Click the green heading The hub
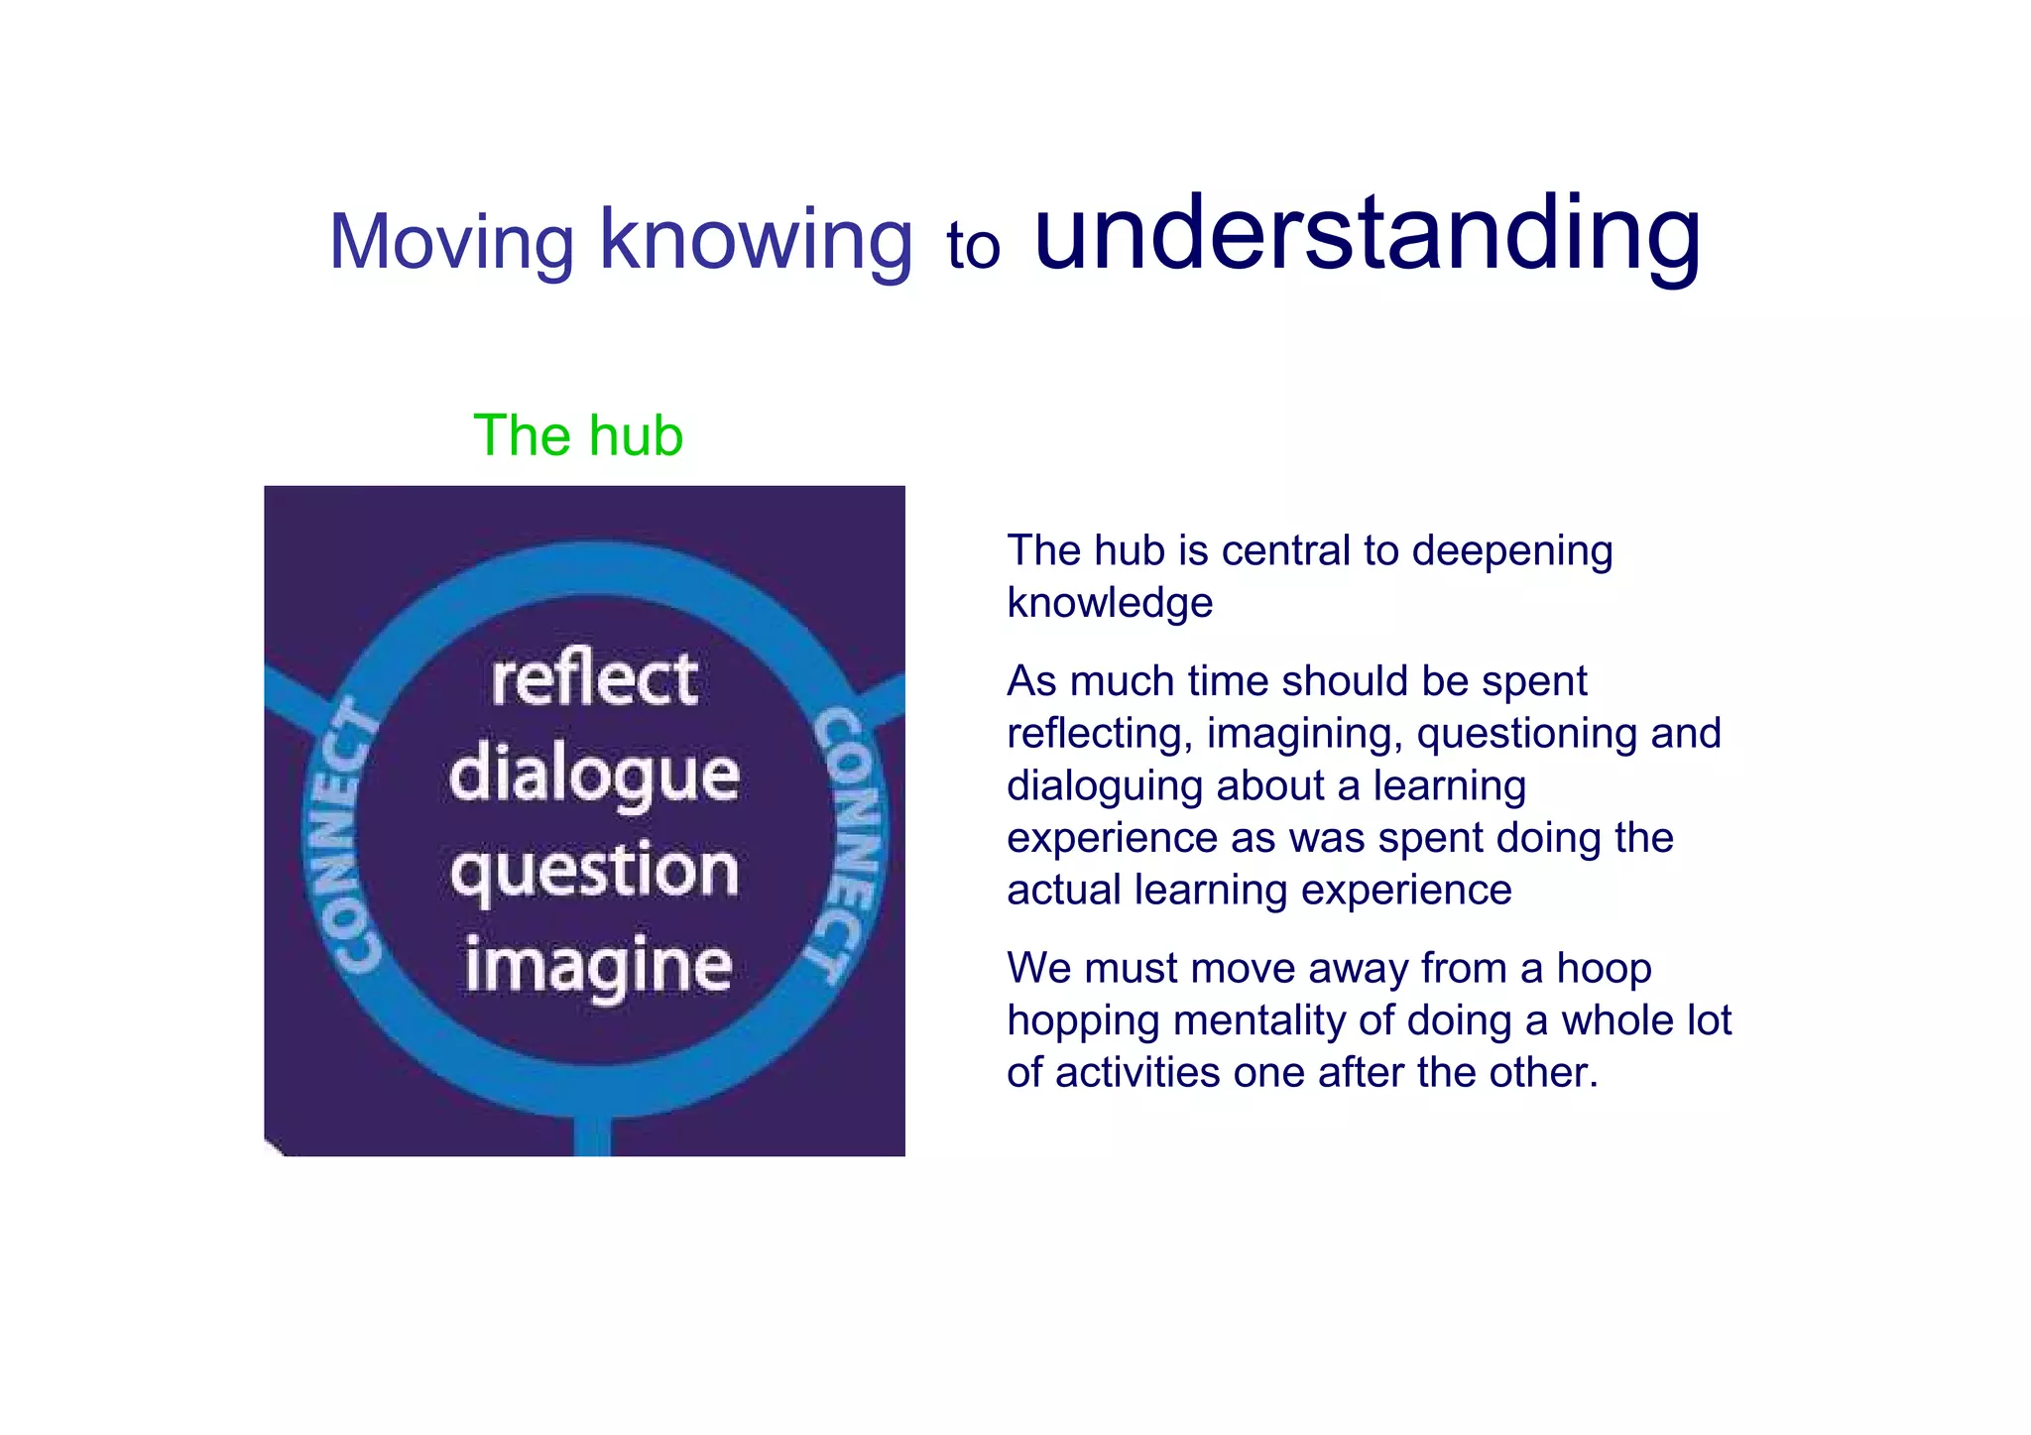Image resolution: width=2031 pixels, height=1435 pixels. (578, 435)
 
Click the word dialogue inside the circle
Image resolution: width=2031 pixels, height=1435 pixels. (594, 775)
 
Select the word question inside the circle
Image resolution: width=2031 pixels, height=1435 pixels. (594, 871)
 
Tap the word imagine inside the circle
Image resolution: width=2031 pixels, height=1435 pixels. (598, 965)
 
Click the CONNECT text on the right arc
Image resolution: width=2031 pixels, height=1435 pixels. (848, 843)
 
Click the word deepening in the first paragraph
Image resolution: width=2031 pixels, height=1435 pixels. (1511, 550)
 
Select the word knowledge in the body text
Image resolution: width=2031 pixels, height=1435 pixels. (1110, 603)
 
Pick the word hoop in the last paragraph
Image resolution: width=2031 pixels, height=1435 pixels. (1604, 968)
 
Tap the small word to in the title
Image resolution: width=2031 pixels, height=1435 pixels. (972, 246)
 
